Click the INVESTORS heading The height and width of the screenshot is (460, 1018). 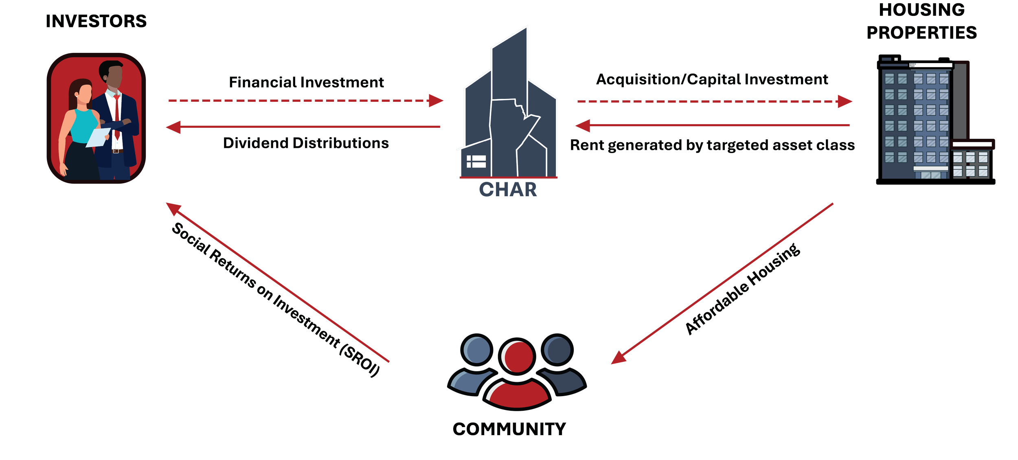pyautogui.click(x=96, y=21)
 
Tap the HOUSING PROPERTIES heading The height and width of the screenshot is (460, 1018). pyautogui.click(x=921, y=22)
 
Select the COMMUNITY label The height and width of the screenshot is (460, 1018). pyautogui.click(x=509, y=429)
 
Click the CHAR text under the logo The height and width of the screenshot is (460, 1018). pyautogui.click(x=508, y=189)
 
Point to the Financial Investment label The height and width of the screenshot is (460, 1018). pyautogui.click(x=306, y=83)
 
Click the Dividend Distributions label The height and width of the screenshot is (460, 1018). pyautogui.click(x=306, y=143)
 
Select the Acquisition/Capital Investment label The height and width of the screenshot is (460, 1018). pyautogui.click(x=712, y=80)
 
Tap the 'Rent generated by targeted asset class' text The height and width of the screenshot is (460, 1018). pyautogui.click(x=712, y=145)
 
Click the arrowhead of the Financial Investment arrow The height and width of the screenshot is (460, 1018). pyautogui.click(x=437, y=100)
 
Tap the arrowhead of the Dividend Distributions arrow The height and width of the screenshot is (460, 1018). pyautogui.click(x=173, y=127)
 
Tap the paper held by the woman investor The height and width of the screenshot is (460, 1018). pyautogui.click(x=98, y=137)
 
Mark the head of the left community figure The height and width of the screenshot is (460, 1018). pyautogui.click(x=477, y=350)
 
